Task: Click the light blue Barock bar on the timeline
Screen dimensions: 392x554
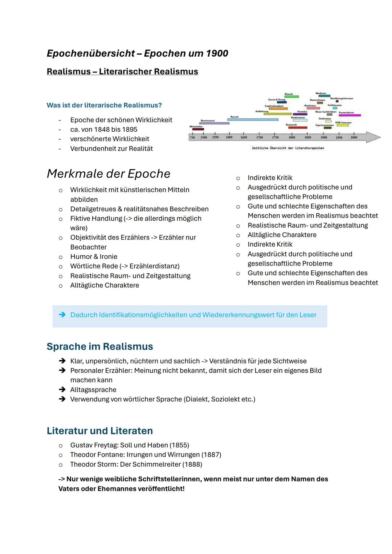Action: coord(253,119)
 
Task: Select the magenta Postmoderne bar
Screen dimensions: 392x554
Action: coord(350,115)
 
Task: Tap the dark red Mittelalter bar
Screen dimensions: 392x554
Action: coord(198,129)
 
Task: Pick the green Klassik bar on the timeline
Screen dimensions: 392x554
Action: coord(291,97)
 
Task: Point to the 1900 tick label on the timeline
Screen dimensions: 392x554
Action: coord(323,138)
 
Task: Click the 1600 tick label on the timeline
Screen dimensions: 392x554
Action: coord(229,138)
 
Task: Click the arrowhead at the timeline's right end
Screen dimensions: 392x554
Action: coord(373,137)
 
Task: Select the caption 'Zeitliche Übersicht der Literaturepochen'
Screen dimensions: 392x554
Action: coord(288,148)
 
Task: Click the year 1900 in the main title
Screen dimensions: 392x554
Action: coord(217,53)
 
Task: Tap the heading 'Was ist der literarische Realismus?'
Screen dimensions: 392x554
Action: coord(104,105)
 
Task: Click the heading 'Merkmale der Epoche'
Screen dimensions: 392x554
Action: coord(109,173)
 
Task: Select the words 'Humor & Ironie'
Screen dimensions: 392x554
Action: coord(94,257)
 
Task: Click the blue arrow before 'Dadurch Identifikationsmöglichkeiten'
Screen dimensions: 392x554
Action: coord(62,315)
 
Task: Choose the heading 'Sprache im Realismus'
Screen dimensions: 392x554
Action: coord(100,346)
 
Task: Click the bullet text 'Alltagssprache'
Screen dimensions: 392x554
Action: coord(93,390)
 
